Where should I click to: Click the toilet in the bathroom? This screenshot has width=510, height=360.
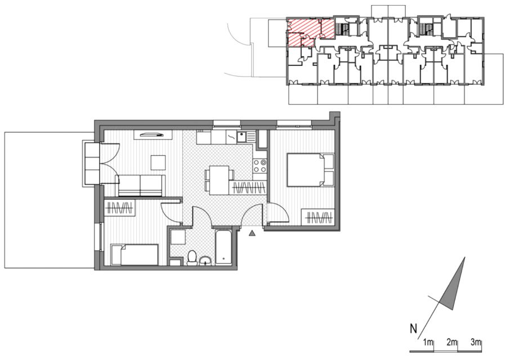[192, 257]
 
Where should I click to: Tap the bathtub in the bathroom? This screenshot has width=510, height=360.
[223, 247]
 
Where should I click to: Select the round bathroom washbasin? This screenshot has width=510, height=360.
[205, 260]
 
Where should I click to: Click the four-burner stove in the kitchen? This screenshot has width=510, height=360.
[260, 166]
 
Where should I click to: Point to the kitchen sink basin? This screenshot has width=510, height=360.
[241, 137]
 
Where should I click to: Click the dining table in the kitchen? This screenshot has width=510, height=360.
[219, 181]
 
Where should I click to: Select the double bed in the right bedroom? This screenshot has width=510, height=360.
[310, 170]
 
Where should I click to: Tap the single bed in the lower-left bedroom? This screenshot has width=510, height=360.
[135, 255]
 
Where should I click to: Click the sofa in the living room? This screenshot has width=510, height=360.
[140, 186]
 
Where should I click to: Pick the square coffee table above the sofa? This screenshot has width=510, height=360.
[158, 163]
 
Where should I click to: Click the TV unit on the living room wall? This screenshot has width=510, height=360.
[153, 134]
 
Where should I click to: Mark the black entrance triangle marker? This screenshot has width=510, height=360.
[252, 233]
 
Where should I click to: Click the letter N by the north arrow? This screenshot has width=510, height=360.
[413, 329]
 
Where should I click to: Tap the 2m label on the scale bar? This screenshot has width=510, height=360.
[451, 342]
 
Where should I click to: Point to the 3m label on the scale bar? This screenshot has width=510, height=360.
[476, 342]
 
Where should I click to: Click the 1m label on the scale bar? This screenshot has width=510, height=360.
[428, 342]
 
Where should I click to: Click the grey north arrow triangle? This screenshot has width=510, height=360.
[452, 286]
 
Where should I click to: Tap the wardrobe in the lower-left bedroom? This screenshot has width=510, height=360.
[119, 208]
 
